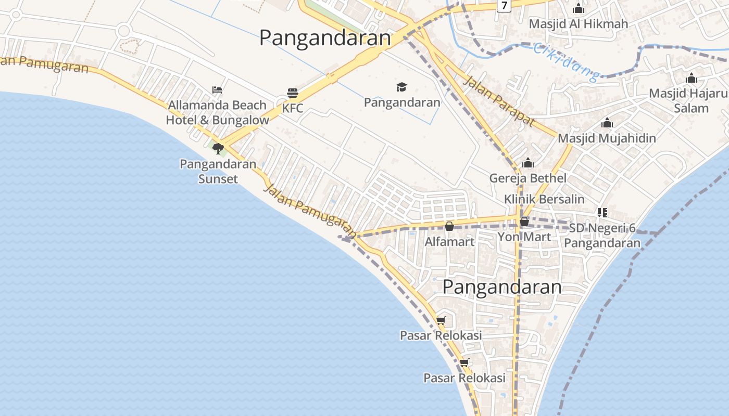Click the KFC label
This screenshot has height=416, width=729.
point(293,109)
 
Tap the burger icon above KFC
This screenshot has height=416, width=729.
point(293,94)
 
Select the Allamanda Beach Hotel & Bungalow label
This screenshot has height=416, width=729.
point(217,112)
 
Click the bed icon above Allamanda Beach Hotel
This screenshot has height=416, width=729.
point(217,90)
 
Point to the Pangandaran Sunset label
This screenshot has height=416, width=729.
point(218,171)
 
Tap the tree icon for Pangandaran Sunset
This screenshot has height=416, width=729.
point(218,149)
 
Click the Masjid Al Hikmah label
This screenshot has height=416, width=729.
point(578,24)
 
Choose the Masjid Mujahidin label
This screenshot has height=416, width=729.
point(607,138)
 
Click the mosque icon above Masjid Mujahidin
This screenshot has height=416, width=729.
point(607,123)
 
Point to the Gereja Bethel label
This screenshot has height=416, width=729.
point(527,178)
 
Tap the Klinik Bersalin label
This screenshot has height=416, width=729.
point(544,199)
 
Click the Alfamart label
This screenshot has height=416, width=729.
point(449,242)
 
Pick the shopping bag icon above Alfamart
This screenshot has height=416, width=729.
point(449,226)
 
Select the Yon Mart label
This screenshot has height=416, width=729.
point(524,237)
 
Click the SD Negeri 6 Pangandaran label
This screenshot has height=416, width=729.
point(602,236)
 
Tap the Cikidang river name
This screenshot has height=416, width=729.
point(566,63)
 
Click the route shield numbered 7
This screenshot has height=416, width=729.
point(504,5)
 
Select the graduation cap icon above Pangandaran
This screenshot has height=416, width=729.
point(401,87)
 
